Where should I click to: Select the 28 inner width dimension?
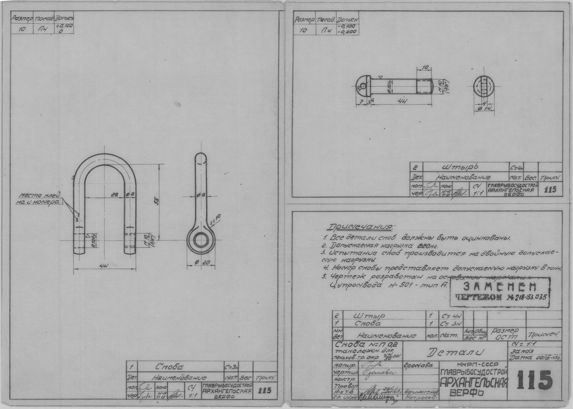pos(115,194)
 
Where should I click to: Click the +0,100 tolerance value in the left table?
pos(66,26)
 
